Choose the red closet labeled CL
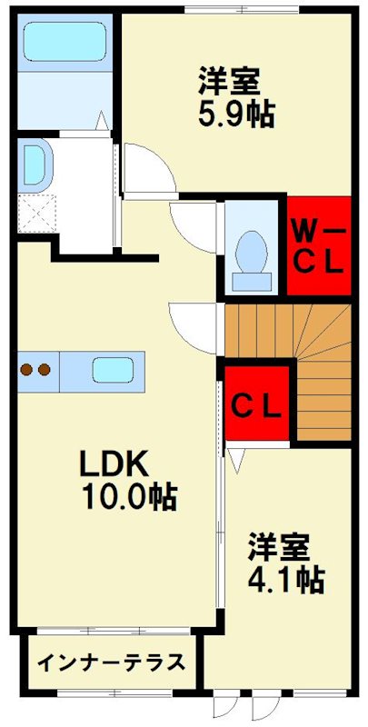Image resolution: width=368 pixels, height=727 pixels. point(258,402)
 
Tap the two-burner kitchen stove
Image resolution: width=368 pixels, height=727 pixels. point(35,370)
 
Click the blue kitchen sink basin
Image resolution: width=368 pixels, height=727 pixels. point(114,370)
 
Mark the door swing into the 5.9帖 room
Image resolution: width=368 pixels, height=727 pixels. point(148,168)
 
